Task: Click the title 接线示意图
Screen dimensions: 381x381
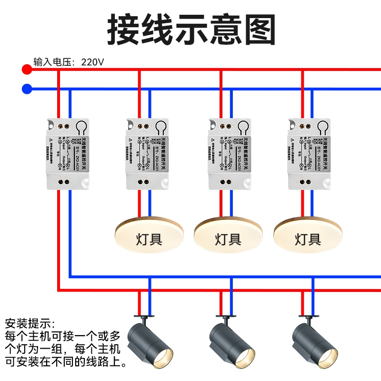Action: coord(191,30)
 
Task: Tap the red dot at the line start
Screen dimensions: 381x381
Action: coord(27,70)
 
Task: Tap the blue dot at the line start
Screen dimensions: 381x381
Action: coord(27,89)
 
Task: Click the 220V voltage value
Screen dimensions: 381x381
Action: coord(92,62)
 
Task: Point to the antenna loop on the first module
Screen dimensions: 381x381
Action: coord(81,127)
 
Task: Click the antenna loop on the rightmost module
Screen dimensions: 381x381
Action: coord(324,127)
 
